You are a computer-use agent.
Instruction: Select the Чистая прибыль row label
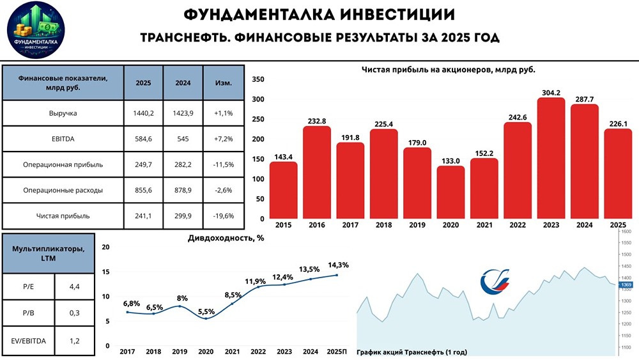[x=63, y=215]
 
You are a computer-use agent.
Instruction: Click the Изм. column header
[x=222, y=82]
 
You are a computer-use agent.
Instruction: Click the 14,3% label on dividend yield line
[x=337, y=265]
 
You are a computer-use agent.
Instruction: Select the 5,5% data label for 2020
[x=206, y=311]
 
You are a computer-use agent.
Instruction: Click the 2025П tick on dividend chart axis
[x=337, y=352]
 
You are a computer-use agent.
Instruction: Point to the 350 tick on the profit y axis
[x=258, y=79]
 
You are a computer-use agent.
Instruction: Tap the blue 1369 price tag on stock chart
[x=626, y=284]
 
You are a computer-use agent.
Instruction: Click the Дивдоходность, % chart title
[x=226, y=238]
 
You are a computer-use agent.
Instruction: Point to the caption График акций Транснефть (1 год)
[x=413, y=352]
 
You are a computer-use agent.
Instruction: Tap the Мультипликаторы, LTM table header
[x=49, y=253]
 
